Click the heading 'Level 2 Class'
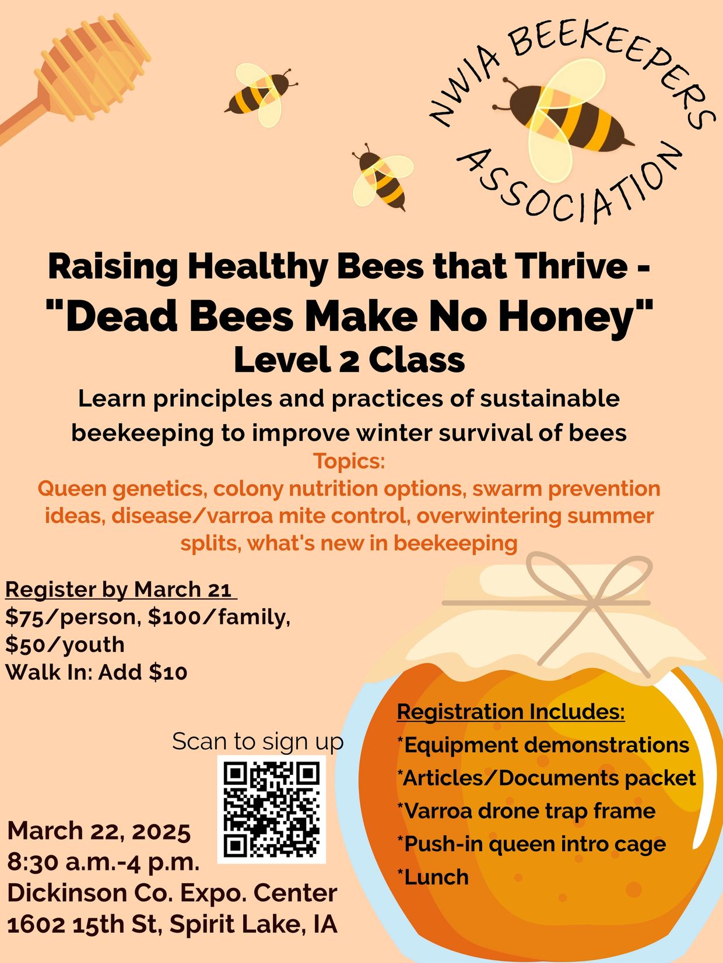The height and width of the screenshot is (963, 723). (x=349, y=360)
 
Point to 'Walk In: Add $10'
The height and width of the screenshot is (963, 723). (x=97, y=672)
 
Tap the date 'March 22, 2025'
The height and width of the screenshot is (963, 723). (x=99, y=831)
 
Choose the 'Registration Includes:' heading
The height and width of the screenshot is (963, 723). (x=511, y=711)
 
